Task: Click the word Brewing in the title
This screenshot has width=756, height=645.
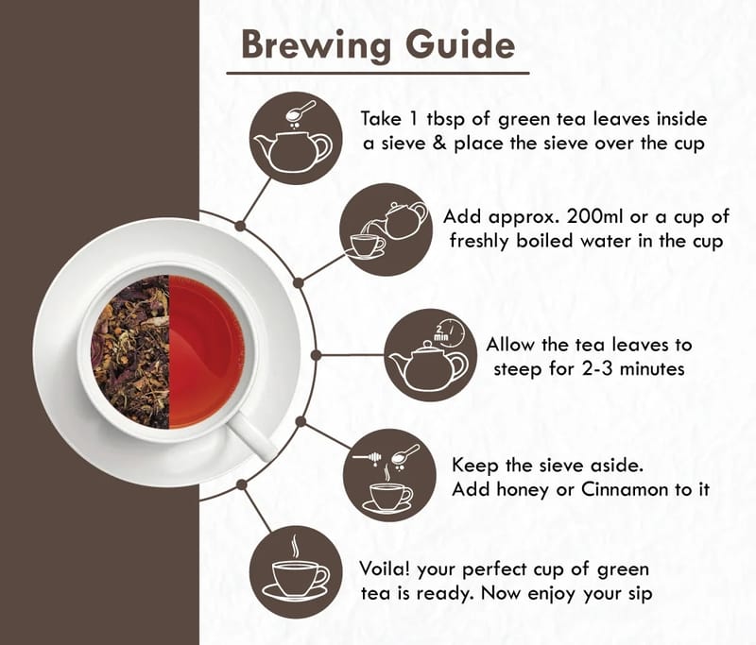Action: pyautogui.click(x=316, y=45)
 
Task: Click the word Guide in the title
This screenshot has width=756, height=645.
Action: pyautogui.click(x=460, y=44)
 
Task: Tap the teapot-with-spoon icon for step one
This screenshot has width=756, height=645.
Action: pyautogui.click(x=296, y=138)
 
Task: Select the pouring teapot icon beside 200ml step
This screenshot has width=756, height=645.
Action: pyautogui.click(x=386, y=229)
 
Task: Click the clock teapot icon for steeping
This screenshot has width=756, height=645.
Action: pyautogui.click(x=431, y=355)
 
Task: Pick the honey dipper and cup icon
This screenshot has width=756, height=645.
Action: pyautogui.click(x=389, y=475)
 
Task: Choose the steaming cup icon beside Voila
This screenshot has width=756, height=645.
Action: pyautogui.click(x=296, y=571)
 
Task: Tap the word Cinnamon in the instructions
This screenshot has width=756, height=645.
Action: pyautogui.click(x=626, y=489)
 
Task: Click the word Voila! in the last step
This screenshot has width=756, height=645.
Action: pyautogui.click(x=385, y=569)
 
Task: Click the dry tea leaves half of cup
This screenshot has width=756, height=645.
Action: pyautogui.click(x=130, y=351)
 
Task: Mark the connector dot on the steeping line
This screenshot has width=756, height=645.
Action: pyautogui.click(x=316, y=355)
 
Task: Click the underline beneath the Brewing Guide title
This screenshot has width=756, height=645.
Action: pyautogui.click(x=378, y=74)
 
